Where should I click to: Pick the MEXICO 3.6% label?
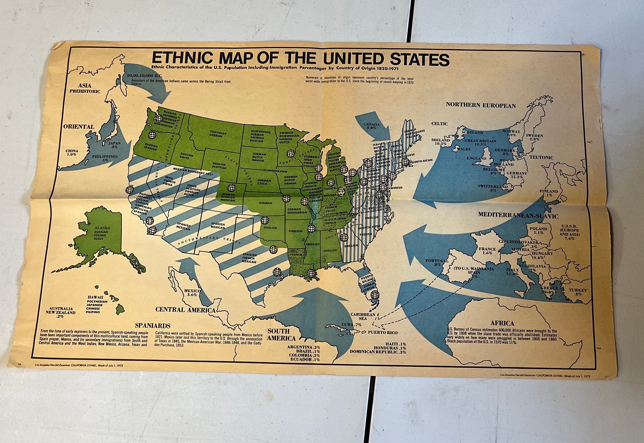click(192, 292)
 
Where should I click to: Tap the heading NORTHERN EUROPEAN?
click(481, 105)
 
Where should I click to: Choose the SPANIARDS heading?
click(153, 326)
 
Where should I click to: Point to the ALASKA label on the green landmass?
click(102, 228)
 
